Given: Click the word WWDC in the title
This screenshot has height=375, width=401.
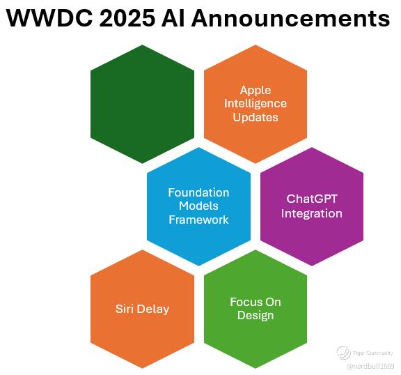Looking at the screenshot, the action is pos(50,18).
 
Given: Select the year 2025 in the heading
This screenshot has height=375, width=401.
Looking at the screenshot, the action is pos(127,18).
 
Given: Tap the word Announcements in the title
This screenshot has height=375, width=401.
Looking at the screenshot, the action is pos(291,18).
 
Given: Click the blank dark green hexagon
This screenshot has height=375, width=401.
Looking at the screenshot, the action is pos(142,104).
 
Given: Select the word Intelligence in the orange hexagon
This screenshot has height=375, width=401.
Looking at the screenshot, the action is pos(255,104).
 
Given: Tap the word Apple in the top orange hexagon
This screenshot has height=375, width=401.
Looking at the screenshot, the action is pos(255,91).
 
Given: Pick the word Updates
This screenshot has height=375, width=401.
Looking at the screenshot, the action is pos(255,118).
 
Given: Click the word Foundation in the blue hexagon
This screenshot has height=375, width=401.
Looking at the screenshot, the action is pos(198,192).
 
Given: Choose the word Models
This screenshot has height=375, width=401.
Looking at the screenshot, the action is pos(198,206).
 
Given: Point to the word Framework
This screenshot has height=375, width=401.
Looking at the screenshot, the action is pos(198,220).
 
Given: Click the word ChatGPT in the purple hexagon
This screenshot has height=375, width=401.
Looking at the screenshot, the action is pos(311,199).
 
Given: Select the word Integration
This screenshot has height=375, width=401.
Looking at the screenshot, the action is pos(311,213).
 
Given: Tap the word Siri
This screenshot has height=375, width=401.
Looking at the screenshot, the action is pos(125,309).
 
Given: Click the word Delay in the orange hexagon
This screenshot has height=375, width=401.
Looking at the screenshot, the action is pos(152,309).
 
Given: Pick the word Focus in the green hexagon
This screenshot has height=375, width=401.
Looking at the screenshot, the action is pos(244,302).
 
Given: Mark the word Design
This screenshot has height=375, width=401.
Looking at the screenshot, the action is pos(255,316).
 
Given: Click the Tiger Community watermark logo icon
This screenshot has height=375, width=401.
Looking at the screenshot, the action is pos(343,353).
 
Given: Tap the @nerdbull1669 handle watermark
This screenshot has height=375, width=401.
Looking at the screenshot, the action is pos(370,367).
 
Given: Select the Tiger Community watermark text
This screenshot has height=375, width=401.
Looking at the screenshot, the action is pos(372,353).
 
